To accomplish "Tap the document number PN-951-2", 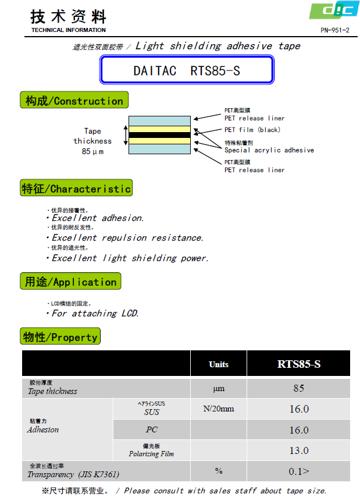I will pos(334,30).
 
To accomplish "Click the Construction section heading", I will pos(74,101).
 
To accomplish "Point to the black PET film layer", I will pos(159,135).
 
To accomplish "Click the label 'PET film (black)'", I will pos(252,130).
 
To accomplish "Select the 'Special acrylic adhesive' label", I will pos(269,150).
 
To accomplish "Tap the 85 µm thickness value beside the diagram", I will pos(93,152).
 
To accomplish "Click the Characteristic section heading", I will pos(76,189).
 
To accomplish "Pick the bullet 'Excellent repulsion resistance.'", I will pos(127,237).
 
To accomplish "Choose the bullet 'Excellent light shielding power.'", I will pos(130,258).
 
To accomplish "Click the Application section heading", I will pos(70,282).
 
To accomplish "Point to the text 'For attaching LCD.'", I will pos(95,313).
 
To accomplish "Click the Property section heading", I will pos(60,337).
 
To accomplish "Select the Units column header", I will pos(219,364).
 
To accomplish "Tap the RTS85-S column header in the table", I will pos(299,364).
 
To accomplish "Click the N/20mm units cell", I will pos(219,409).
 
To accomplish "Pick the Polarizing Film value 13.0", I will pos(299,450).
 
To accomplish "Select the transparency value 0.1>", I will pos(299,471).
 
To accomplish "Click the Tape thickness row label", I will pos(52,391).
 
